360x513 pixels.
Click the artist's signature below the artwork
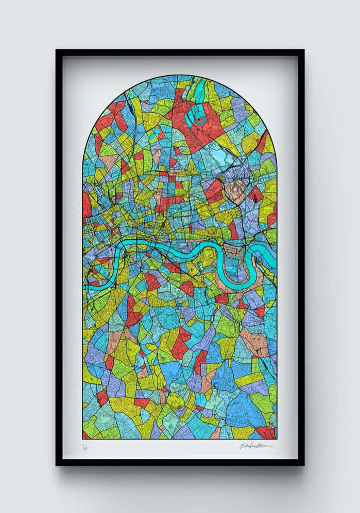coord(256,445)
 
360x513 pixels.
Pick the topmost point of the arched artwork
coord(180,76)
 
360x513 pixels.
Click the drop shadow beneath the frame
coord(180,476)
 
